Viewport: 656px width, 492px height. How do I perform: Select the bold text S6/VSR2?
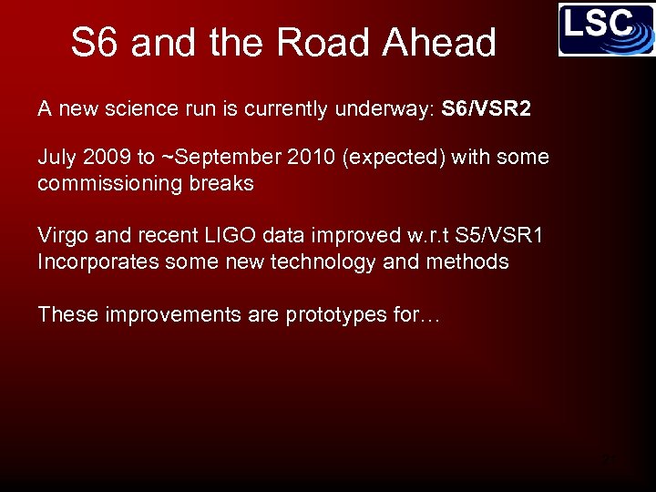tap(486, 109)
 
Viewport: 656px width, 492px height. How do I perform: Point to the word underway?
tap(387, 109)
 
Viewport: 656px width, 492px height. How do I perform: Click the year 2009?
tap(107, 157)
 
